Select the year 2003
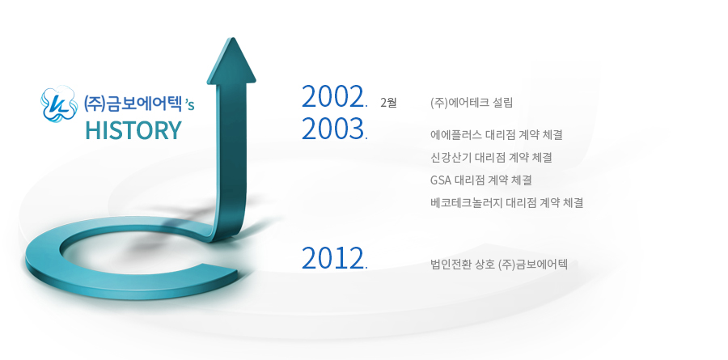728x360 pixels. (332, 129)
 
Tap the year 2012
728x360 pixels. (332, 258)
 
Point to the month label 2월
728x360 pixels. (388, 103)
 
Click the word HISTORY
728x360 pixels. (133, 130)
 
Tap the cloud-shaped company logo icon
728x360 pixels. (59, 103)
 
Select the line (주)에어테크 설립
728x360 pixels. (472, 103)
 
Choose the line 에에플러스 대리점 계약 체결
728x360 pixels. (497, 135)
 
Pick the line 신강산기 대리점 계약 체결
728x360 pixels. (491, 158)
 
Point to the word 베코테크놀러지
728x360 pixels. (466, 202)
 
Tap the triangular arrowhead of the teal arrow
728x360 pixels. (231, 61)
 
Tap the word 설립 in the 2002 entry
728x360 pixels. (503, 103)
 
